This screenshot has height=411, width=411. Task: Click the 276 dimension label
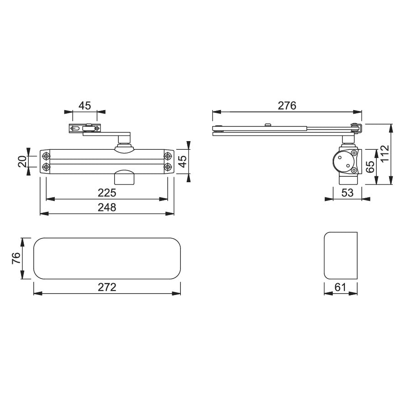tap(287, 105)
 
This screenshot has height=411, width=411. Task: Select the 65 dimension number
tap(370, 167)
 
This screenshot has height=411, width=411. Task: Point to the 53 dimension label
tap(348, 193)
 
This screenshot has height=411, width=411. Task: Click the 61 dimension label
tap(340, 287)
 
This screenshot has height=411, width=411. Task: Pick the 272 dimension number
tap(107, 287)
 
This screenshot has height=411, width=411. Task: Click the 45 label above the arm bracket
tap(84, 105)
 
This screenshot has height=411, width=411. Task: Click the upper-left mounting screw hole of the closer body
tap(46, 155)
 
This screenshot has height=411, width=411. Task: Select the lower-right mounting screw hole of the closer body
tap(168, 167)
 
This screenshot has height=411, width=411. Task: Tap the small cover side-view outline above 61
tap(340, 256)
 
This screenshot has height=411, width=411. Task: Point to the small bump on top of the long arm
tap(269, 124)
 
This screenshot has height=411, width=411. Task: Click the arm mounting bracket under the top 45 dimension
tap(84, 129)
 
